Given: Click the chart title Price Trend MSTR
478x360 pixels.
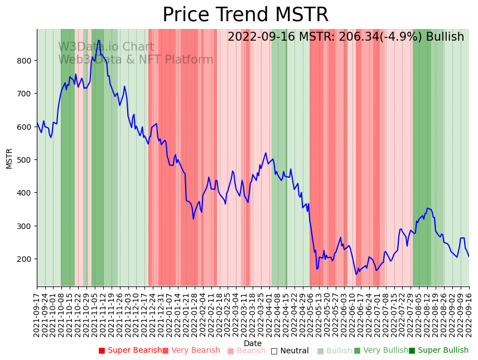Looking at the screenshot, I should click(x=245, y=15).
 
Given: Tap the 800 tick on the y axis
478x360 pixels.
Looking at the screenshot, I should click(x=26, y=60).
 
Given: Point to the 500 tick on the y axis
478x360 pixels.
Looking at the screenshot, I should click(x=26, y=160).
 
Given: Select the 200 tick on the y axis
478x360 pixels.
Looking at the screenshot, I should click(x=26, y=259).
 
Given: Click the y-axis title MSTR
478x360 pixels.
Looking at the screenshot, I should click(x=9, y=158).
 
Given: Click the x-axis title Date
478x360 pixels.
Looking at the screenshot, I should click(x=253, y=343).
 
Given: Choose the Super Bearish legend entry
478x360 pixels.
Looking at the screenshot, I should click(x=130, y=351).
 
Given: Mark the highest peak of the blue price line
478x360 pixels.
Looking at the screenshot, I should click(x=99, y=40).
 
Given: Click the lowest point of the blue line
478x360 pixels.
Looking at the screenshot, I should click(x=356, y=274).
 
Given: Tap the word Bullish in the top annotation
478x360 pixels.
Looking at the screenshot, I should click(x=445, y=37).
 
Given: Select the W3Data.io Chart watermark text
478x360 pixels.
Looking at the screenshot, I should click(x=106, y=47).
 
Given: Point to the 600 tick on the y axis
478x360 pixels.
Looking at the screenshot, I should click(x=26, y=127).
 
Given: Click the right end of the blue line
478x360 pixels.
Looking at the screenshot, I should click(x=469, y=256).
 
